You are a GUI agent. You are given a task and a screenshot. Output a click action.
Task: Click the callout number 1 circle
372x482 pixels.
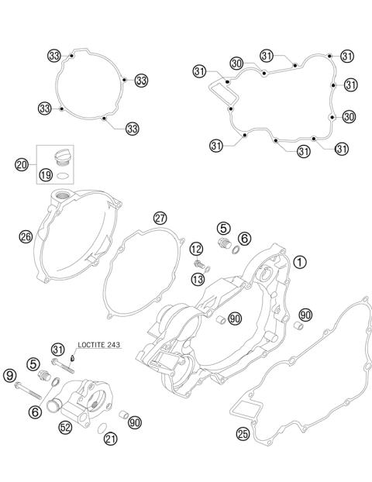pyautogui.click(x=300, y=263)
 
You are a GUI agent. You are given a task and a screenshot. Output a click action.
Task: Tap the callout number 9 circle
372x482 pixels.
pyautogui.click(x=9, y=377)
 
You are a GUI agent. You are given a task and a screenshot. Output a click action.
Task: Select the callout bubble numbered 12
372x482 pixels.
pyautogui.click(x=196, y=249)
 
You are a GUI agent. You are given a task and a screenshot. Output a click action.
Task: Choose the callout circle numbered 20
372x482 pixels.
pyautogui.click(x=22, y=164)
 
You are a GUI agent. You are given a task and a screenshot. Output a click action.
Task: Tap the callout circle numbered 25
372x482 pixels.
pyautogui.click(x=243, y=434)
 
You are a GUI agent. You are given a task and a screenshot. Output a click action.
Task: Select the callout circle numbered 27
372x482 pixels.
pyautogui.click(x=160, y=218)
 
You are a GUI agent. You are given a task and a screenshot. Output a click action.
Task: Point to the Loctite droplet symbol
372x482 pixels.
pyautogui.click(x=73, y=357)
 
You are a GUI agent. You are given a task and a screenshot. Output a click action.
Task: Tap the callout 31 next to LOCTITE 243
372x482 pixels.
pyautogui.click(x=58, y=348)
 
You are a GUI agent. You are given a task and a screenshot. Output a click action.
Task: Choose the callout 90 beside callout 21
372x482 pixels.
pyautogui.click(x=135, y=422)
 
